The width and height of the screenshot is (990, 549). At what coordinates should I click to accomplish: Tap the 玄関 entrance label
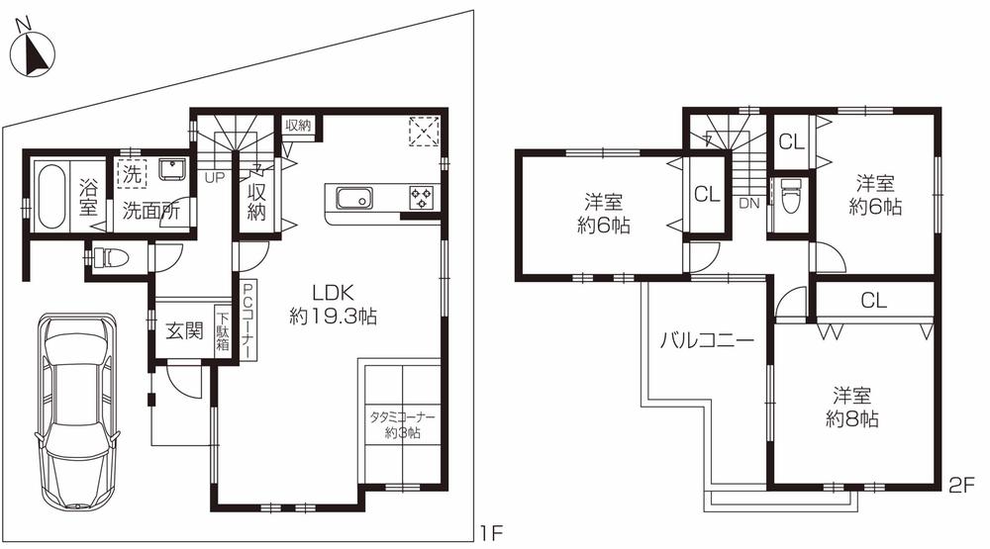coord(184,330)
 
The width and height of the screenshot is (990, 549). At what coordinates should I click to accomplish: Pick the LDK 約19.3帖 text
coord(333,306)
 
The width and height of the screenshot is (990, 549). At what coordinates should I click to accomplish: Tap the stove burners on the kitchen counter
coord(422,197)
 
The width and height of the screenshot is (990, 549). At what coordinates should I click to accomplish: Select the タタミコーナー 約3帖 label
coord(401,425)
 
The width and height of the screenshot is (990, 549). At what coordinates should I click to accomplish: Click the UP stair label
coord(213,179)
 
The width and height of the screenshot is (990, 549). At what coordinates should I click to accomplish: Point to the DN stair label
coord(749,203)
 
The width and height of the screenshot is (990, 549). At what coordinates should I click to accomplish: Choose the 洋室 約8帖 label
coord(852,407)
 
